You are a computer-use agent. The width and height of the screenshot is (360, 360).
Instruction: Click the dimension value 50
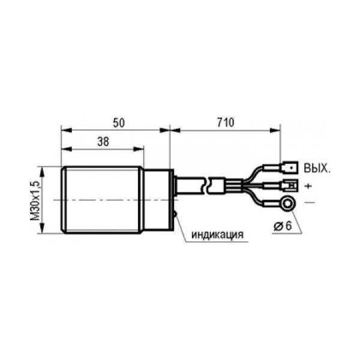(119, 122)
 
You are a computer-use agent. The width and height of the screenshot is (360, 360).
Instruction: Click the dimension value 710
(226, 122)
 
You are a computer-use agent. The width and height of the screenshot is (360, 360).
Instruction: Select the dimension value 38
(103, 142)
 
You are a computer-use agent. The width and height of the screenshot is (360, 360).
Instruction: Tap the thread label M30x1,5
(35, 200)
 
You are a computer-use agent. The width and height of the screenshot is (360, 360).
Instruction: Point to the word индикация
(217, 235)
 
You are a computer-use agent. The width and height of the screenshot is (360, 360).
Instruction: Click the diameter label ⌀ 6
(283, 226)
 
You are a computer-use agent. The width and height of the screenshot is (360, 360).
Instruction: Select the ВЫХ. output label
(317, 168)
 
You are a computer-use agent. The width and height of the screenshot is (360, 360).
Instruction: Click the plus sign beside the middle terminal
(308, 186)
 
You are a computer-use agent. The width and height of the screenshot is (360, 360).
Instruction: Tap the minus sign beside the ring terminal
(310, 203)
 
